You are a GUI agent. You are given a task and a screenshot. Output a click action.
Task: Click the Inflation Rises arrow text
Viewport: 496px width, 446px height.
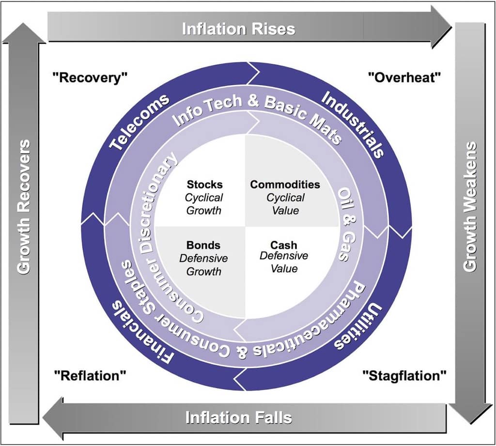pos(238,29)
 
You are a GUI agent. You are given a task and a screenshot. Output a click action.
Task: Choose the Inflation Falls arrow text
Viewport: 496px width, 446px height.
pos(239,417)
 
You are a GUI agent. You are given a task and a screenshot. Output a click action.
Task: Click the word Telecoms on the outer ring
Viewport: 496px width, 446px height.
pos(139,121)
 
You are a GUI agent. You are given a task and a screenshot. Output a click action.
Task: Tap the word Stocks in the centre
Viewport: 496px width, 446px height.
pos(204,185)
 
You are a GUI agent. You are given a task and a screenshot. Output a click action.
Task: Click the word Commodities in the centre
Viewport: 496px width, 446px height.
pos(285,185)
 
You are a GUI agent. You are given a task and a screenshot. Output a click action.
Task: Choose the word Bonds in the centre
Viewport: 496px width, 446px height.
pos(203,245)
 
